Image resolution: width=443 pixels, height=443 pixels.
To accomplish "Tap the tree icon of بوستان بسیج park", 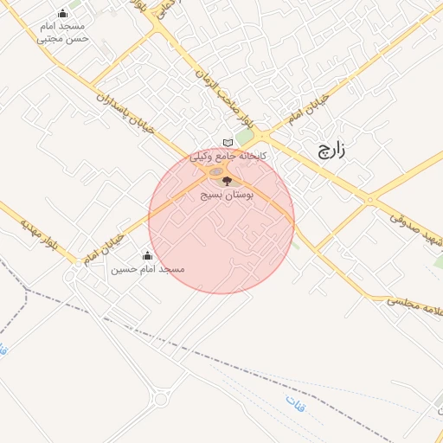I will (227, 181).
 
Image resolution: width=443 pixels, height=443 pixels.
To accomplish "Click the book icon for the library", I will (228, 143).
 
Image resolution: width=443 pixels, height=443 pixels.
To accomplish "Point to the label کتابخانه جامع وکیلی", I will (229, 156).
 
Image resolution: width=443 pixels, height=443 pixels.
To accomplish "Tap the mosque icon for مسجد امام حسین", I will (147, 255).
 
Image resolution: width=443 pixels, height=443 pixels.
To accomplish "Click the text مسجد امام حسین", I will (148, 269).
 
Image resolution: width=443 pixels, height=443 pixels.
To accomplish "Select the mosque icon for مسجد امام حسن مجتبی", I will (62, 14).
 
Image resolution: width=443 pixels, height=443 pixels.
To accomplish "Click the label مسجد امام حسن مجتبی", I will (62, 33).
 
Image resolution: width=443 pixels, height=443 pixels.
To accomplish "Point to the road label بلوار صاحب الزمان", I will (213, 87).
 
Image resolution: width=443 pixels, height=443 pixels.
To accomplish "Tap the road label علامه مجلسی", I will (409, 308).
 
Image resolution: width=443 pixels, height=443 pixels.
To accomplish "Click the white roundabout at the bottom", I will (160, 399).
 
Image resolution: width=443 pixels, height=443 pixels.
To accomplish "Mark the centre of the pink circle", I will (221, 221).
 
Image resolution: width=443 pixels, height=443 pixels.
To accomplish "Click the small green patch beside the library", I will (247, 138).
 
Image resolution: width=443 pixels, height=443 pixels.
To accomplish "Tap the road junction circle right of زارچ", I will (369, 200).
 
